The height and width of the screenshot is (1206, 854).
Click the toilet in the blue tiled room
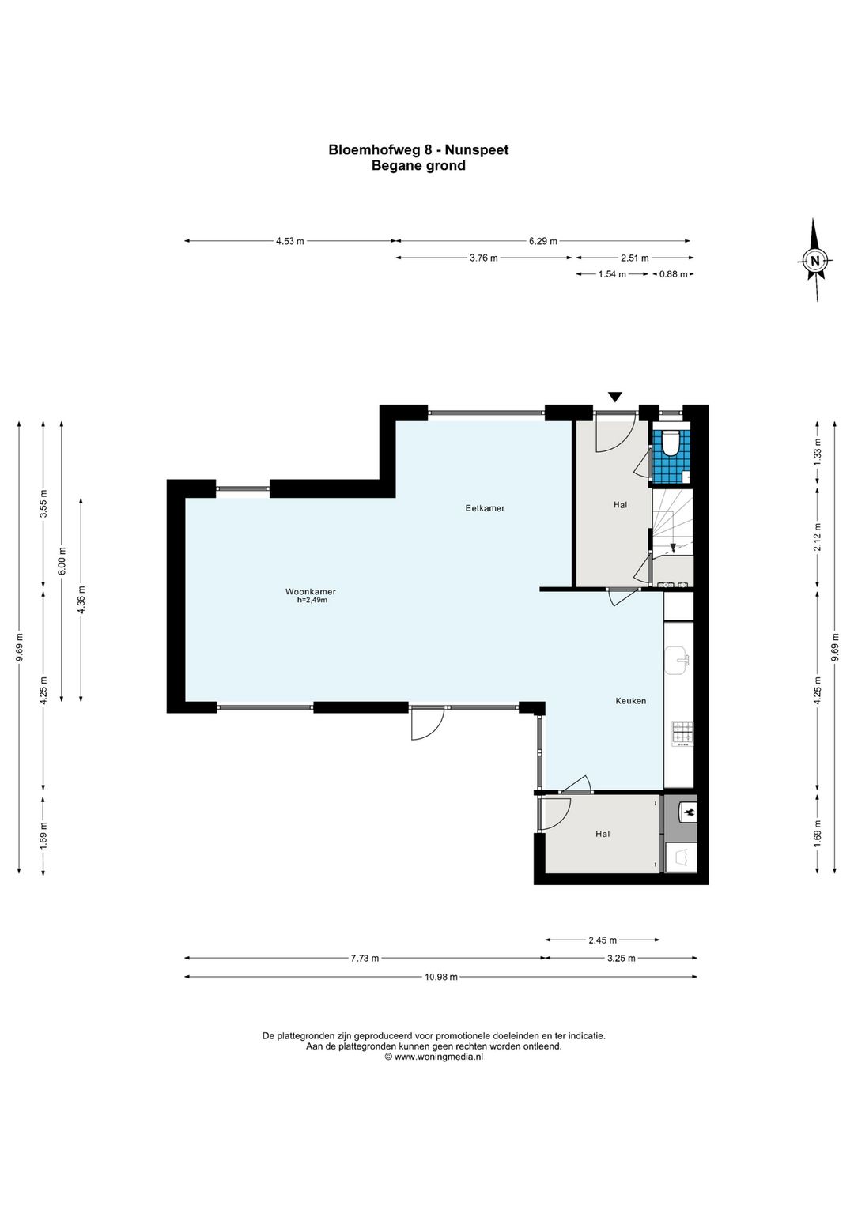(671, 443)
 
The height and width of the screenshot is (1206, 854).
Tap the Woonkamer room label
(310, 592)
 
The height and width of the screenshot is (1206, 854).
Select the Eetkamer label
(485, 507)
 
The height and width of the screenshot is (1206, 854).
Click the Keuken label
(630, 701)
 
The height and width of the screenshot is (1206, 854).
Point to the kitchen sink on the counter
(678, 660)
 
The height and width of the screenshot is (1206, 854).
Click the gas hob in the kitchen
(682, 734)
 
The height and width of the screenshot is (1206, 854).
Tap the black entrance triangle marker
(614, 397)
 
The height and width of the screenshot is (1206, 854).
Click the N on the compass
(814, 261)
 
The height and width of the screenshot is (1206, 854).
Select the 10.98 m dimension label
(440, 977)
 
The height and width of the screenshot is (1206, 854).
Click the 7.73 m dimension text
(365, 958)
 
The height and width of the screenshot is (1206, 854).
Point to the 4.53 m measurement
(290, 241)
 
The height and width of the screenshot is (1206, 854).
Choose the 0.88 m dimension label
(673, 274)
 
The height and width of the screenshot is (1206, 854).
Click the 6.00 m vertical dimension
(62, 561)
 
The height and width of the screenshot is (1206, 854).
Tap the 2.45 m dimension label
(603, 940)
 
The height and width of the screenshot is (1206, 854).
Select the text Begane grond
(418, 165)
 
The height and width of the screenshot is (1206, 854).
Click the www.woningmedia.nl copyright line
(434, 1057)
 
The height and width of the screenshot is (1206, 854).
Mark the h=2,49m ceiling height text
(312, 600)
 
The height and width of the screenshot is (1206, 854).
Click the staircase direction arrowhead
(672, 548)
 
